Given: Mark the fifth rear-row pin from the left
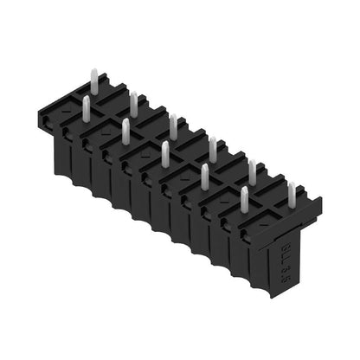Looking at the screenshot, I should tap(253, 170).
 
